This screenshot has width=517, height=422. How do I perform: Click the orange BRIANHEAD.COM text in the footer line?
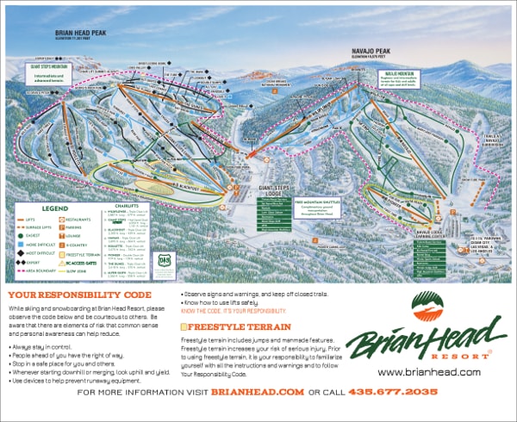(258, 392)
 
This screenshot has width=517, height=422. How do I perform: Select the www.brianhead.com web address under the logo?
(428, 372)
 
